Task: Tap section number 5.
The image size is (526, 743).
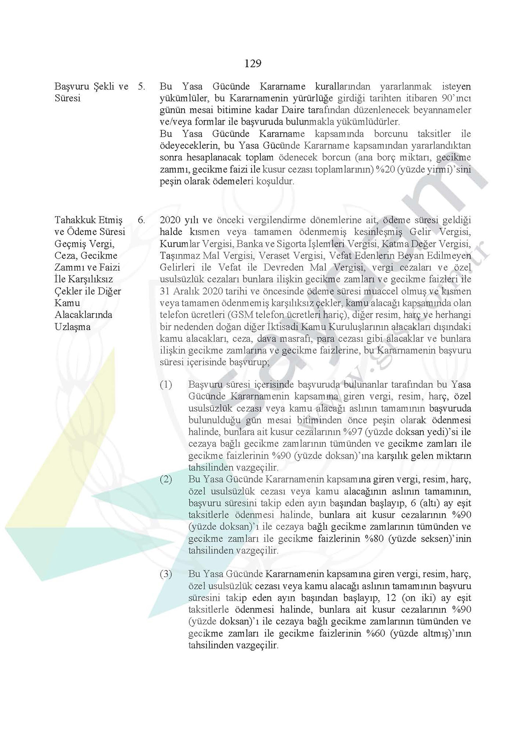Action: point(141,86)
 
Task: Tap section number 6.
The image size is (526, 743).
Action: point(141,220)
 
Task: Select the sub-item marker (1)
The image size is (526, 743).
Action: point(166,385)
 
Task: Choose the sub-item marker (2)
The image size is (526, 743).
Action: point(166,479)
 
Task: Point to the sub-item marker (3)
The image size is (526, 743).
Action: point(166,574)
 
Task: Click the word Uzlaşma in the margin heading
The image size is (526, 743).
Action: point(73,327)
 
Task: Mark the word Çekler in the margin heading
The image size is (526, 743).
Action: point(67,291)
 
